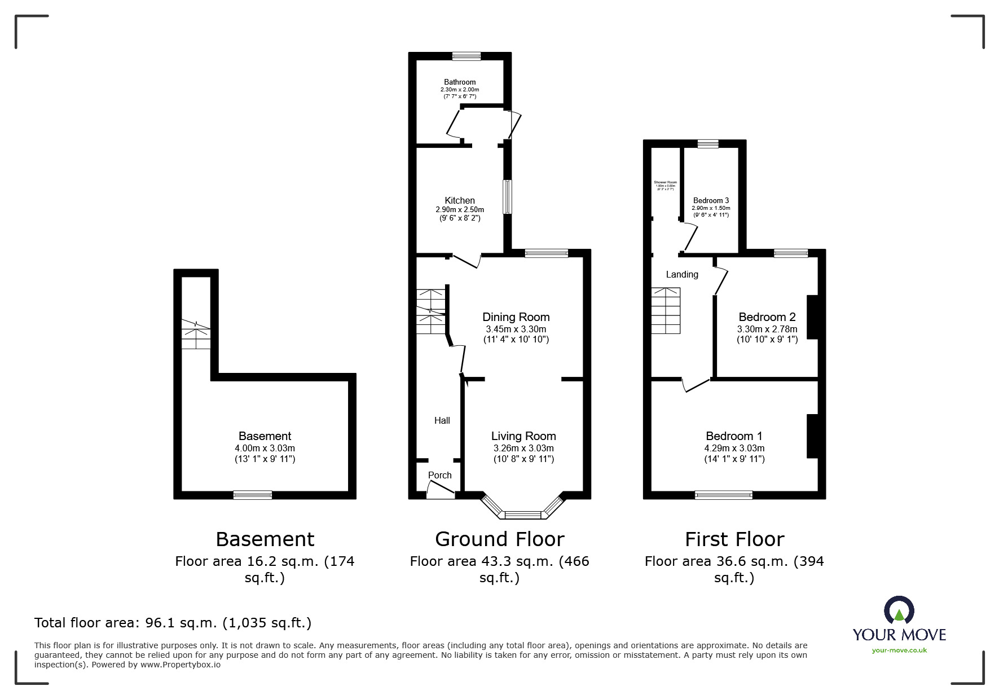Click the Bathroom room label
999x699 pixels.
[459, 82]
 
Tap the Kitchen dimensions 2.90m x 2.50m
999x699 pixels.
[459, 209]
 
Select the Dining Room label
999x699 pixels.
[516, 317]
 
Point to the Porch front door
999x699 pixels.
[441, 493]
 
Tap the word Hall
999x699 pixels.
[442, 420]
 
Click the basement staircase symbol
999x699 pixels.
[196, 333]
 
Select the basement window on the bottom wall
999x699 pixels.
[253, 495]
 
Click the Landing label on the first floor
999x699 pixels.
[682, 274]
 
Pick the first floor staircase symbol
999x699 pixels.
[666, 310]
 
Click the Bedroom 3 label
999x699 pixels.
[711, 200]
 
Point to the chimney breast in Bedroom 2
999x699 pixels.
[812, 316]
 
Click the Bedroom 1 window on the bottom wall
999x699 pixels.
[723, 495]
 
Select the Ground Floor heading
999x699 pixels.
[499, 539]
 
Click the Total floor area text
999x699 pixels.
[173, 623]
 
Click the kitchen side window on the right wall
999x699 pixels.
[507, 196]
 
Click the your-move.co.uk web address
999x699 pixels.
[899, 650]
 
